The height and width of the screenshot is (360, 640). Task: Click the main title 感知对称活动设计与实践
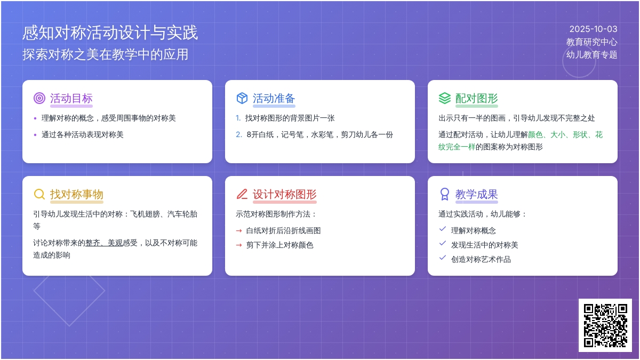[110, 33]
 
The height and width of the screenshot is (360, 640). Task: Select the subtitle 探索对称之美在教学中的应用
[106, 54]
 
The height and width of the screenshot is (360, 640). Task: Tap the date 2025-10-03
[593, 29]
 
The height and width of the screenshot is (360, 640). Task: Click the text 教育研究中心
[591, 42]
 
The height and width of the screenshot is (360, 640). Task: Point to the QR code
[605, 325]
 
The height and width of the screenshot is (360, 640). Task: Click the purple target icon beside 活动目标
[39, 98]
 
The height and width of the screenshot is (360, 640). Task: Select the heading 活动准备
[274, 98]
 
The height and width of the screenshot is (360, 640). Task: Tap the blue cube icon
[242, 98]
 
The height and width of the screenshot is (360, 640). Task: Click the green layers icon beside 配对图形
[445, 98]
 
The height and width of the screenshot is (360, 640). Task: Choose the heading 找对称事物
[77, 194]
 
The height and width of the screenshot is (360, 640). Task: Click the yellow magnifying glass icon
[39, 194]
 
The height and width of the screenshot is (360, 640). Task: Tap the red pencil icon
[242, 194]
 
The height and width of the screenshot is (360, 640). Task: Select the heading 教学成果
[477, 194]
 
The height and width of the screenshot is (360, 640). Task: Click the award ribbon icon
[445, 194]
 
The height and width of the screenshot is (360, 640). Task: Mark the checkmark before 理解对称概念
[443, 229]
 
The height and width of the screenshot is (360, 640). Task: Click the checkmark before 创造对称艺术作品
[443, 258]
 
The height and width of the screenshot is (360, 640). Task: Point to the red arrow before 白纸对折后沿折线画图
[239, 231]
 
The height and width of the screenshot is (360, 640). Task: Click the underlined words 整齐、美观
[104, 243]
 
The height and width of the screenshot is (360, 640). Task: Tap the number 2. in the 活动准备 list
[239, 134]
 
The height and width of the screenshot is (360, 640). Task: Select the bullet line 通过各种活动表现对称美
[82, 134]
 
